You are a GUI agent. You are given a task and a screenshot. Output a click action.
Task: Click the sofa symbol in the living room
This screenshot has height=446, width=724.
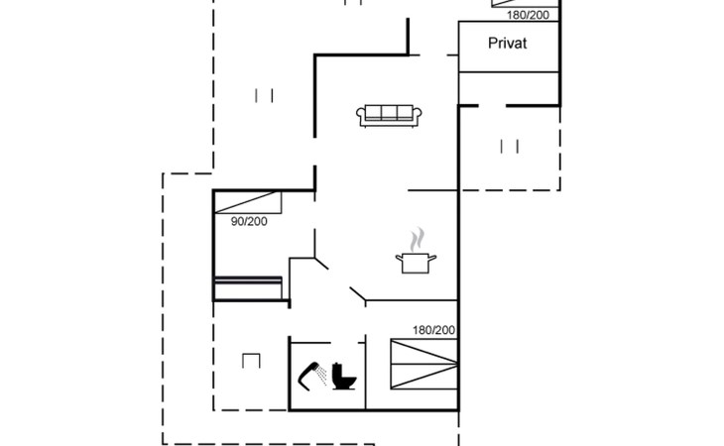point(389,115)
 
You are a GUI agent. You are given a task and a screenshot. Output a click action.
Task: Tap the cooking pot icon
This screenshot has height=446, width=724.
point(416,263)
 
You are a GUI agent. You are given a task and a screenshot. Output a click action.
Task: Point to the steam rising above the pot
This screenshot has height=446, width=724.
point(417,239)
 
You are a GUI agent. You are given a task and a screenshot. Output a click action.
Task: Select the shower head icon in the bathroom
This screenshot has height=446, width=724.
point(312,376)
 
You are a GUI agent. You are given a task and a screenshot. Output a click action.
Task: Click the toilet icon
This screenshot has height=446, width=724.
point(344,377)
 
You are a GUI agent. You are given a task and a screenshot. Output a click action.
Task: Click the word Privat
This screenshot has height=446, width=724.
point(507,44)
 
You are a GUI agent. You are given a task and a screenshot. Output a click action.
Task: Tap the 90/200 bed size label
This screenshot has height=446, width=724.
point(249,221)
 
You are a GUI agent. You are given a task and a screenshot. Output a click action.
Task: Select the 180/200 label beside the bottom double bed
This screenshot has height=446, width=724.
point(433,330)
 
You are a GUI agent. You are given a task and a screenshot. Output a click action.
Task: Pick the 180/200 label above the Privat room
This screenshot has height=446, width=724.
point(528,15)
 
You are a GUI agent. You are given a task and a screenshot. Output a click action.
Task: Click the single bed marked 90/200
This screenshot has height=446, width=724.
point(248,202)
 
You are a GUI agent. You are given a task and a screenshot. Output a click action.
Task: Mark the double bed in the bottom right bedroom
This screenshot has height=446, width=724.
point(423,364)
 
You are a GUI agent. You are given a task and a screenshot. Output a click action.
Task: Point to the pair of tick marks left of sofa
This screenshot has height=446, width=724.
point(264,95)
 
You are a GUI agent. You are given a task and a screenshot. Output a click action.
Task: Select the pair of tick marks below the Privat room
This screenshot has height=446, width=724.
point(510,147)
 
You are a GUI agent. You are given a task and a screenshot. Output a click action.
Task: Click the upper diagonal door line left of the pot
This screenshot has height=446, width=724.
point(321,264)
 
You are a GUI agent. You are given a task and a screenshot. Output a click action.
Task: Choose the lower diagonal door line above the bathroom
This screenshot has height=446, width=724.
point(357,293)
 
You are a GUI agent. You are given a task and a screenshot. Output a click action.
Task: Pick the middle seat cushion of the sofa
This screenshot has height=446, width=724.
point(389,113)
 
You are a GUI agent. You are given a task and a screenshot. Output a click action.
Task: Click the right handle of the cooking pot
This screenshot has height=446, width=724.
point(432,258)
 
